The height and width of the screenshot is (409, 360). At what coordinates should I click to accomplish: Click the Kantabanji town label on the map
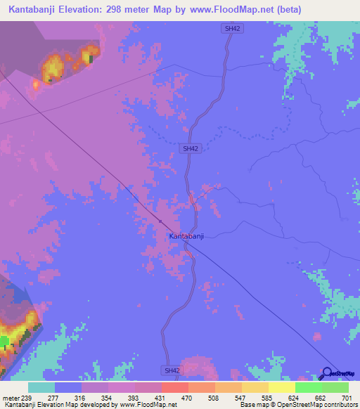(186, 236)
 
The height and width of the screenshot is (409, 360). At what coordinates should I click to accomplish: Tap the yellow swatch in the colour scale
(281, 387)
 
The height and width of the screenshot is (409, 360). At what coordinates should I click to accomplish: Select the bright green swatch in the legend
(308, 387)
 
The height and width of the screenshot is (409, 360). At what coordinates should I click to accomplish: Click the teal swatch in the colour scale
(41, 387)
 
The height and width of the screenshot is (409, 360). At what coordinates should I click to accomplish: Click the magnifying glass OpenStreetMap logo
(328, 373)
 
